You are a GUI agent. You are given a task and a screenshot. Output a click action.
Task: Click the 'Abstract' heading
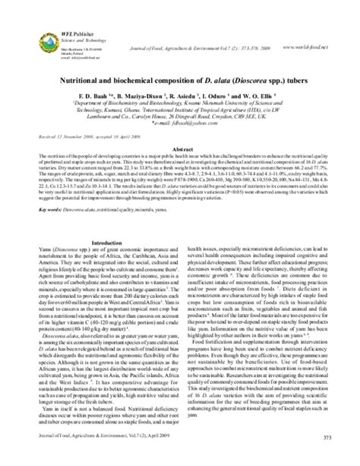pos(180,151)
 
